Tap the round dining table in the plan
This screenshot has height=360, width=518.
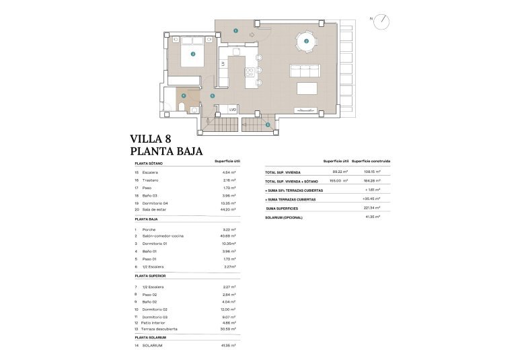[x=306, y=42]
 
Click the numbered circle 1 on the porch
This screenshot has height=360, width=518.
[x=235, y=30]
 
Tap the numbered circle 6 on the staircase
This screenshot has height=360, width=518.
[x=267, y=124]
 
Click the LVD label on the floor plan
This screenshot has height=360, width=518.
[x=233, y=109]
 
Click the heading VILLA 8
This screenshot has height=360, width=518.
[x=155, y=139]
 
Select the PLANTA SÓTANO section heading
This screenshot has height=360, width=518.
[x=149, y=164]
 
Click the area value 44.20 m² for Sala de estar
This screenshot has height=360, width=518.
[x=229, y=210]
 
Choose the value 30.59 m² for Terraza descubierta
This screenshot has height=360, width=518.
[x=229, y=329]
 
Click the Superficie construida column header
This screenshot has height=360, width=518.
[x=371, y=161]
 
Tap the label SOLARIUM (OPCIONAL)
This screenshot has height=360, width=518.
[x=284, y=217]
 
